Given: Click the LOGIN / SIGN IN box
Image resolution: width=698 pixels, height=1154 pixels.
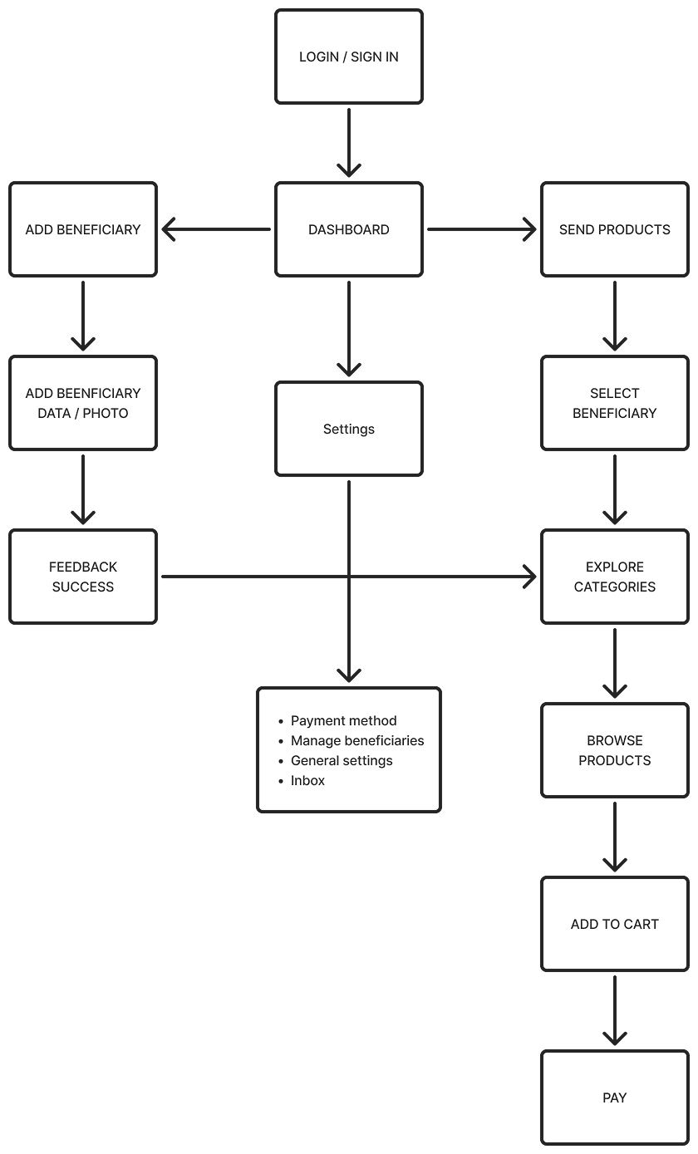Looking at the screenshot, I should coord(348,57).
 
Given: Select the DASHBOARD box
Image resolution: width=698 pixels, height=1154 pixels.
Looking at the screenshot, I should coord(348,230).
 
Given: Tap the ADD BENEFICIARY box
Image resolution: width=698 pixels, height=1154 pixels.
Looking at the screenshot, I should coord(83,230).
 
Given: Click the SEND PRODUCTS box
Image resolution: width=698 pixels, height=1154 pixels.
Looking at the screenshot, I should coord(614,230).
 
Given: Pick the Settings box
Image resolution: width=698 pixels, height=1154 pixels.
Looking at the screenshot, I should coord(348,429).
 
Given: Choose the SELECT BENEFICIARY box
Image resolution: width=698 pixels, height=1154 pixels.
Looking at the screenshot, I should coord(614,404).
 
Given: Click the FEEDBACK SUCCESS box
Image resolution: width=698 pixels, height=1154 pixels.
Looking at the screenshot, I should coord(83,577).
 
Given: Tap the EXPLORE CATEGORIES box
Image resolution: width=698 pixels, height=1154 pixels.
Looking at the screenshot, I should coord(614,577).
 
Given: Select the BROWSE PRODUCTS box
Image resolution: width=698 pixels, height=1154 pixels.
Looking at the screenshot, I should coord(614,750).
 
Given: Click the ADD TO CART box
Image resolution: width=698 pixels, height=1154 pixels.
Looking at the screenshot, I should coord(614,924).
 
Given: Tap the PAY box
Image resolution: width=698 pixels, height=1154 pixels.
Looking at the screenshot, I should coord(614,1098).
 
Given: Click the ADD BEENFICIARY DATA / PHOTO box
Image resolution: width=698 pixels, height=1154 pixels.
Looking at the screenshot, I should coord(83,404).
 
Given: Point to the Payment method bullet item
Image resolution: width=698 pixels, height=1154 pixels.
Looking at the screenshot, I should coord(343,721).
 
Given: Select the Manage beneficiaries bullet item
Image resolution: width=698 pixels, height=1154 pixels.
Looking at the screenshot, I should coord(357,741).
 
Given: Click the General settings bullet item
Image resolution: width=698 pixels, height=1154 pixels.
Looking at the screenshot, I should coord(342,761).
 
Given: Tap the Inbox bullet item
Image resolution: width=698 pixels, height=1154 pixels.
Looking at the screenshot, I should coord(307,781).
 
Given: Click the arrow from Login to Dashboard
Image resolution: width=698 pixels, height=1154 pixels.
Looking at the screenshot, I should coord(348,141).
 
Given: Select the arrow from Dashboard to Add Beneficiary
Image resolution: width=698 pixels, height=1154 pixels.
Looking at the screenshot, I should coord(216,230).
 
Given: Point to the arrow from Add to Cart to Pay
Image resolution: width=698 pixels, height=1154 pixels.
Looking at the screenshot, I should coord(614,1009).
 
